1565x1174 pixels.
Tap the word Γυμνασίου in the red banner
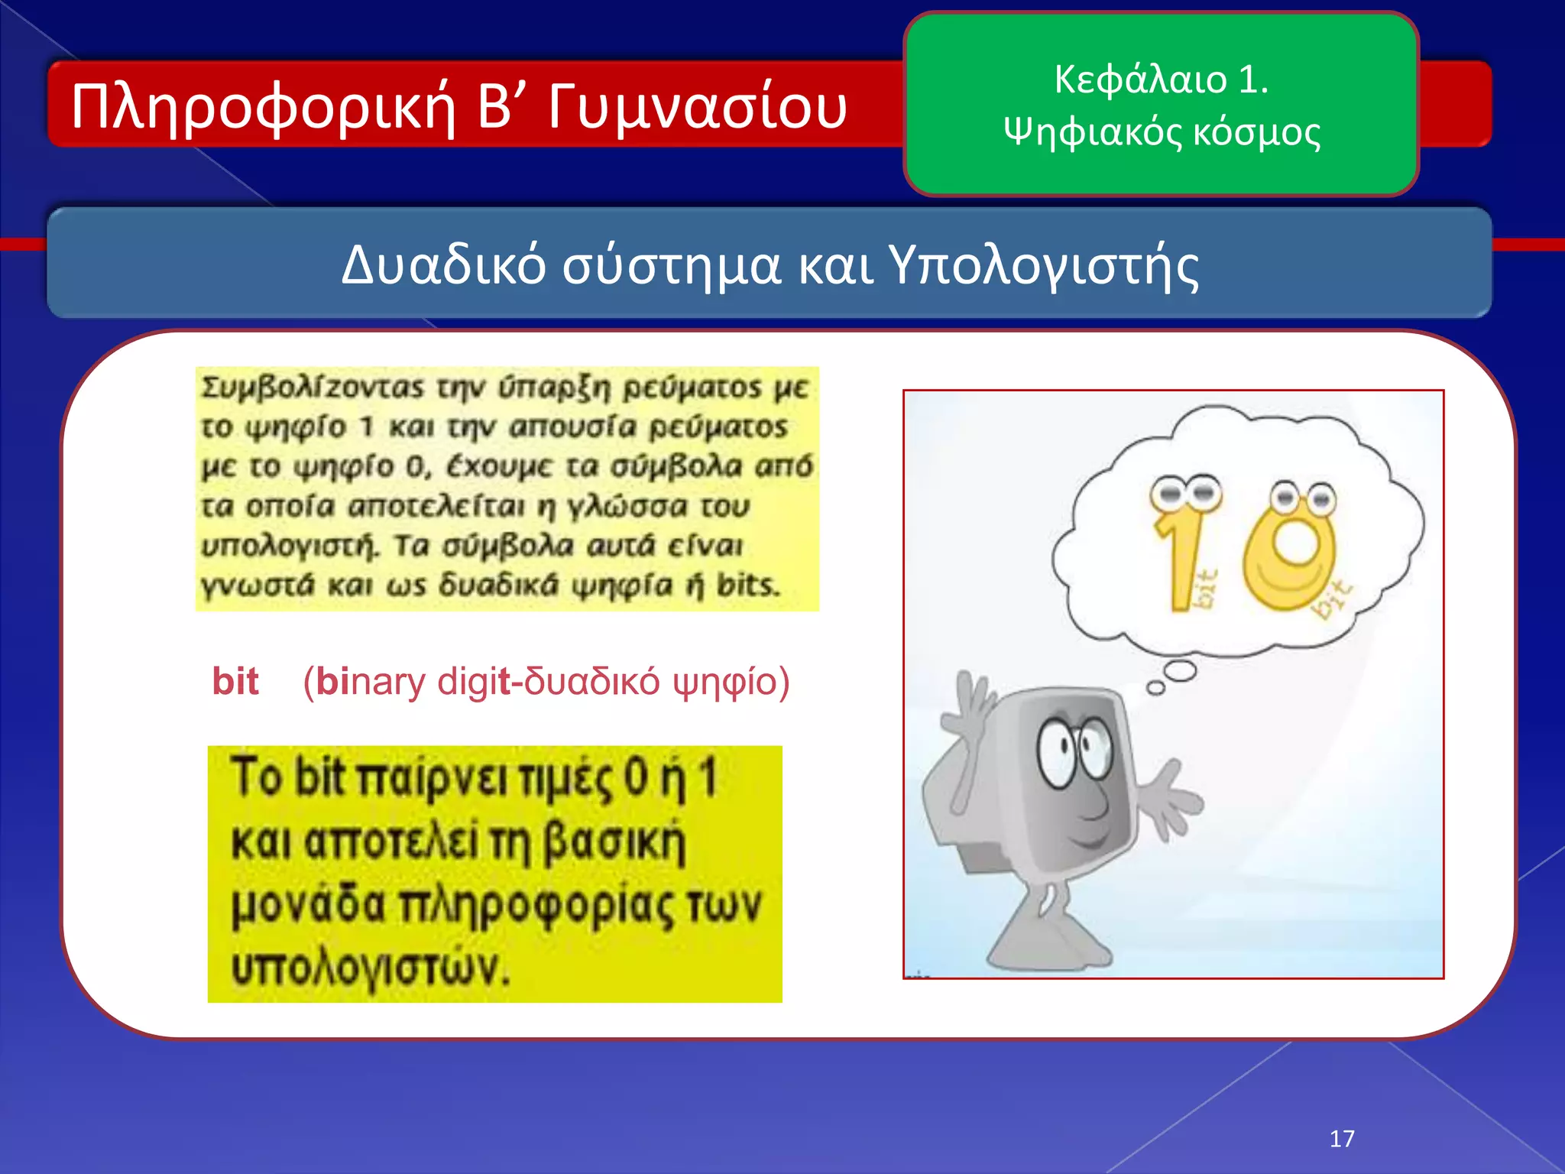pyautogui.click(x=697, y=107)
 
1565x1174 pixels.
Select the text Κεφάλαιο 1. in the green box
pyautogui.click(x=1161, y=79)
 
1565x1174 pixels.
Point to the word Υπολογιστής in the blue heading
pyautogui.click(x=1044, y=266)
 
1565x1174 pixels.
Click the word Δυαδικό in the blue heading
pyautogui.click(x=443, y=266)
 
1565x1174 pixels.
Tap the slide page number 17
pyautogui.click(x=1342, y=1139)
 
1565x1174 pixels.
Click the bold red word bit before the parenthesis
pyautogui.click(x=235, y=681)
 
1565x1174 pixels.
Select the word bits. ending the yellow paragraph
pyautogui.click(x=748, y=585)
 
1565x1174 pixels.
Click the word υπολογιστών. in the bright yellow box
pyautogui.click(x=370, y=968)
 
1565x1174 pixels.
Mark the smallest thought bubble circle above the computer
pyautogui.click(x=1156, y=689)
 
